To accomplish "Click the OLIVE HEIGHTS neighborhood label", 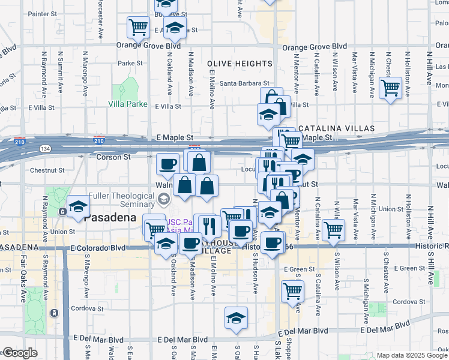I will tap(240, 64).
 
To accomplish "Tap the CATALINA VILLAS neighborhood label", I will tap(337, 128).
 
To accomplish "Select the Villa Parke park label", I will tap(128, 104).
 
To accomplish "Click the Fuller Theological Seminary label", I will tap(121, 200).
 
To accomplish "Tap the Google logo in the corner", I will tap(20, 353).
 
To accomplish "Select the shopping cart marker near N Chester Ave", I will tap(391, 88).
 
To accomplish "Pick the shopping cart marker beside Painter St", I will tap(138, 27).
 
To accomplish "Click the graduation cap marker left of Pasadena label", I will tap(77, 207).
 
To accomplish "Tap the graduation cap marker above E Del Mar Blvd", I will tap(237, 317).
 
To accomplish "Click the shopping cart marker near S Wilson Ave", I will tap(333, 229).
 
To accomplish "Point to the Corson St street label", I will tap(113, 157).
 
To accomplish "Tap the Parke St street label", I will tap(130, 63).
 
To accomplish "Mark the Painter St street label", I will tap(42, 13).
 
